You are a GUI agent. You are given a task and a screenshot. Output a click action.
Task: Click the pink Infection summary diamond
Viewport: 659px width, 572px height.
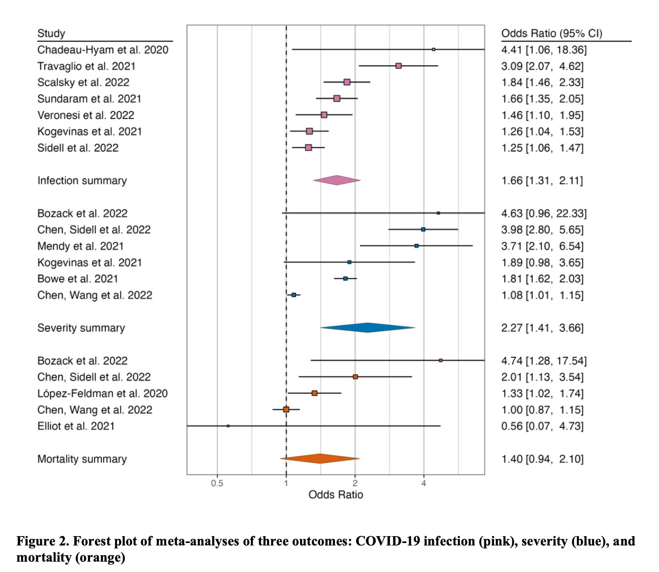tap(337, 180)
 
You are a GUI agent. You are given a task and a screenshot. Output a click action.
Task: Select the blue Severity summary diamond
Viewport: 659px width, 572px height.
tap(367, 328)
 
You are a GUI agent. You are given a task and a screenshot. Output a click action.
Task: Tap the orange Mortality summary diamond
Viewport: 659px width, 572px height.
tap(320, 458)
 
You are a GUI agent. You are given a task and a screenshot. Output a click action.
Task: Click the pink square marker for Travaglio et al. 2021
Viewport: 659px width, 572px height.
tap(398, 66)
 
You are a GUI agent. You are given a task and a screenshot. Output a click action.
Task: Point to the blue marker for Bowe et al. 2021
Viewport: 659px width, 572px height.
tap(345, 279)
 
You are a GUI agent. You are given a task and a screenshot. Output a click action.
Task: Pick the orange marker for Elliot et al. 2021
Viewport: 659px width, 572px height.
tap(228, 426)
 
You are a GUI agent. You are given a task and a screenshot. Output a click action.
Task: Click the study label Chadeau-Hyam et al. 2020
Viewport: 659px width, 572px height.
tap(103, 50)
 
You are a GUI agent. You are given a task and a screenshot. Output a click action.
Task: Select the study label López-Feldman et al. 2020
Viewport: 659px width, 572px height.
tap(102, 393)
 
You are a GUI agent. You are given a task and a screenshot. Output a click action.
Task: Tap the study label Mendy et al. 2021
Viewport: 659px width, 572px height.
tap(80, 246)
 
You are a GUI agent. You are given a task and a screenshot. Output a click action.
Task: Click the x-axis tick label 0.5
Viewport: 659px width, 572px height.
tap(217, 484)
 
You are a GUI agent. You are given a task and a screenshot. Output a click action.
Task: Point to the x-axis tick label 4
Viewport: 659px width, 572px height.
tap(423, 484)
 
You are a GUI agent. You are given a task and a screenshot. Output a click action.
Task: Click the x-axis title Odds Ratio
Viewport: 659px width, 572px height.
tap(335, 495)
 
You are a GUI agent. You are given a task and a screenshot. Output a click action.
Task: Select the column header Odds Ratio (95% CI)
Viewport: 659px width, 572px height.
tap(551, 33)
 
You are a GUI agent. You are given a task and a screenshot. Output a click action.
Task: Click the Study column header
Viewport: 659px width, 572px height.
tap(51, 33)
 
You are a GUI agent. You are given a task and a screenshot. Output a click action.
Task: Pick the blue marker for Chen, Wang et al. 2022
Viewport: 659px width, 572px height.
tap(294, 295)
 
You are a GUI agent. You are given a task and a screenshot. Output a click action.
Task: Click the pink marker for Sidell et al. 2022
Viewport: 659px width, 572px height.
tap(308, 147)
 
